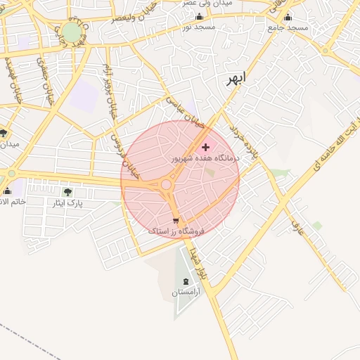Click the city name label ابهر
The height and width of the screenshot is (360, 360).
(x=233, y=79)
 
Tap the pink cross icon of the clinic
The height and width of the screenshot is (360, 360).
(x=205, y=147)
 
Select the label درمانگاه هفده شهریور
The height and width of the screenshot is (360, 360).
(x=206, y=159)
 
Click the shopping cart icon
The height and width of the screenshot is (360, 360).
(x=176, y=220)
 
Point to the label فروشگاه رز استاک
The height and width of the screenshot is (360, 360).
(x=176, y=231)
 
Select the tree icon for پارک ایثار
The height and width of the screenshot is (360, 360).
(x=67, y=191)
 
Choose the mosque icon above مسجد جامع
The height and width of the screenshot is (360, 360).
(x=288, y=17)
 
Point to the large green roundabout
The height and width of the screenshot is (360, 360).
(x=72, y=32)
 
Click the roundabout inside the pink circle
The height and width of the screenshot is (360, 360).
(x=167, y=185)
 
